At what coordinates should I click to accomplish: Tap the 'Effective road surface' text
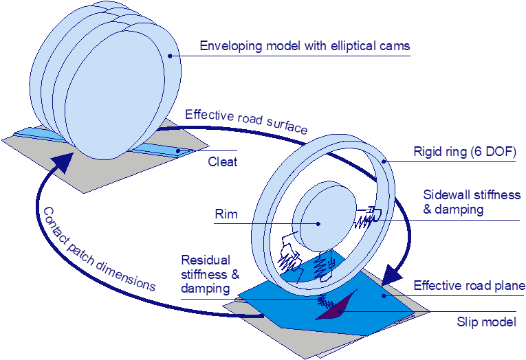[x=245, y=122]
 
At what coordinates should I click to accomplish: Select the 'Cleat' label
[x=222, y=162]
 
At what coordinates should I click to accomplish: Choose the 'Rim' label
[x=226, y=214]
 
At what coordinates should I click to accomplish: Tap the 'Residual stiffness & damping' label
[x=210, y=274]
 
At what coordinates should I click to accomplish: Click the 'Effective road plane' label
[x=469, y=285]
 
